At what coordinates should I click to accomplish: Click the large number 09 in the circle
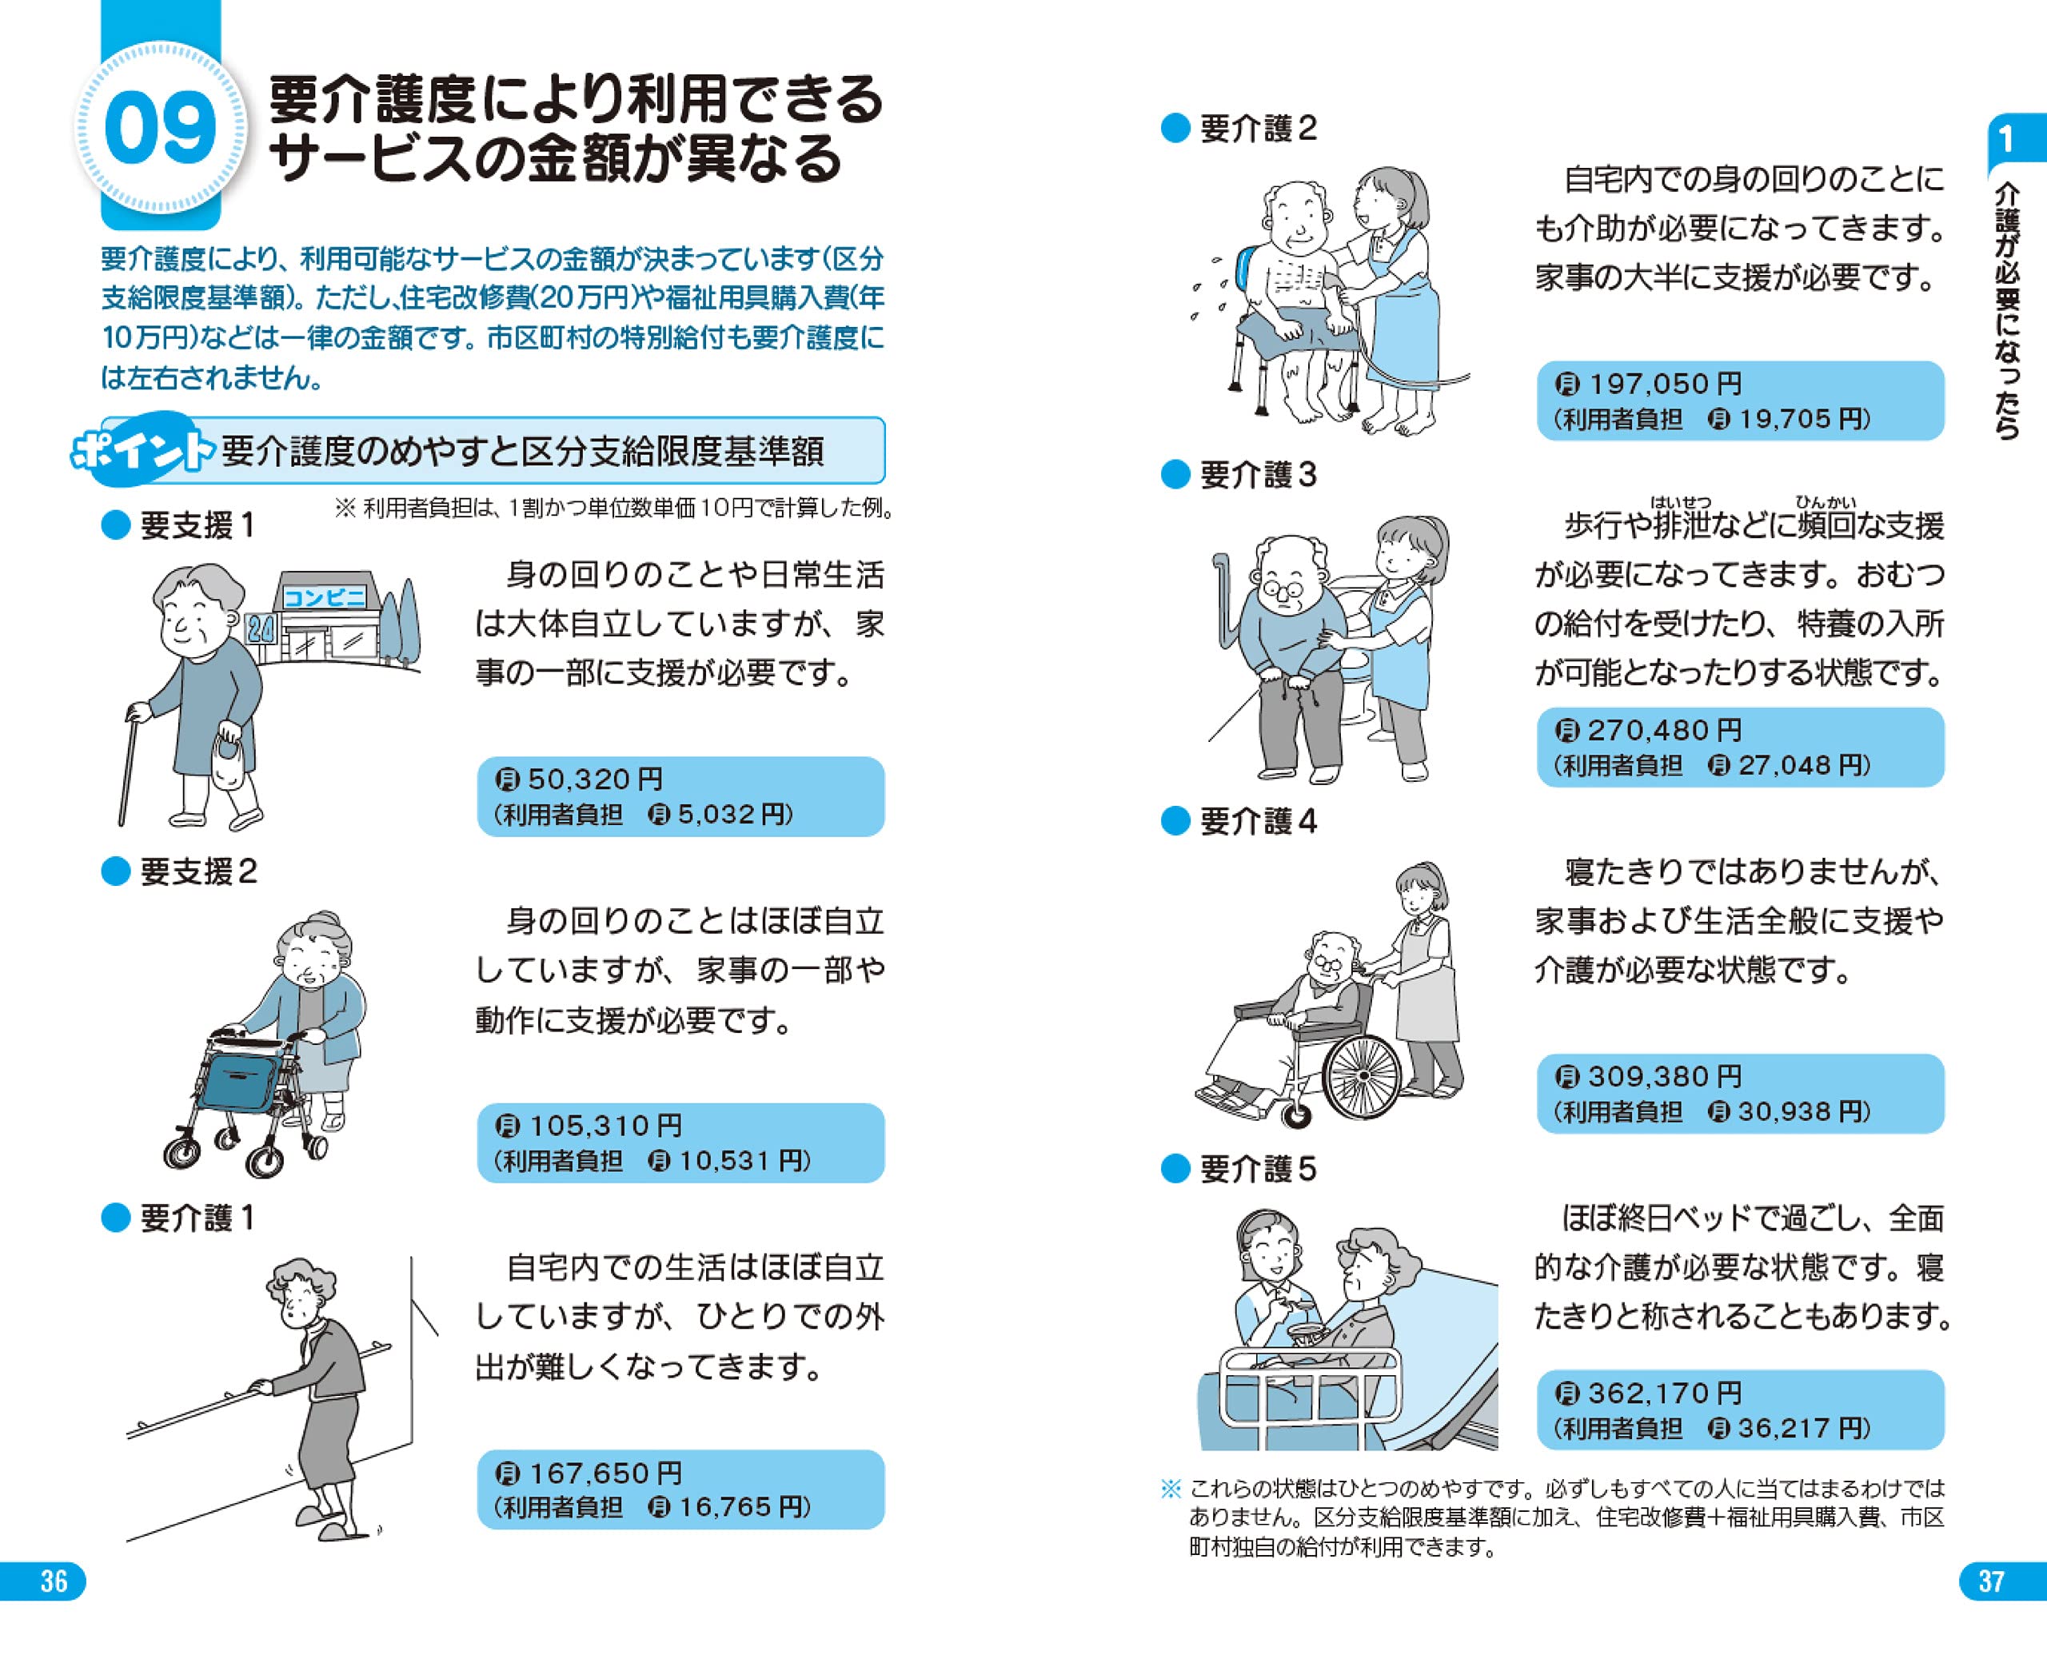pyautogui.click(x=160, y=129)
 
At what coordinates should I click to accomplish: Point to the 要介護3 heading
pyautogui.click(x=1258, y=475)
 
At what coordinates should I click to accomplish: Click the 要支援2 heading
pyautogui.click(x=198, y=871)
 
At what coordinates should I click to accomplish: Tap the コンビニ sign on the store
pyautogui.click(x=325, y=598)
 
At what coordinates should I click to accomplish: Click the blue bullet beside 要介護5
pyautogui.click(x=1175, y=1169)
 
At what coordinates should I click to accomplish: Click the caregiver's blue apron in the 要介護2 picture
pyautogui.click(x=1402, y=315)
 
